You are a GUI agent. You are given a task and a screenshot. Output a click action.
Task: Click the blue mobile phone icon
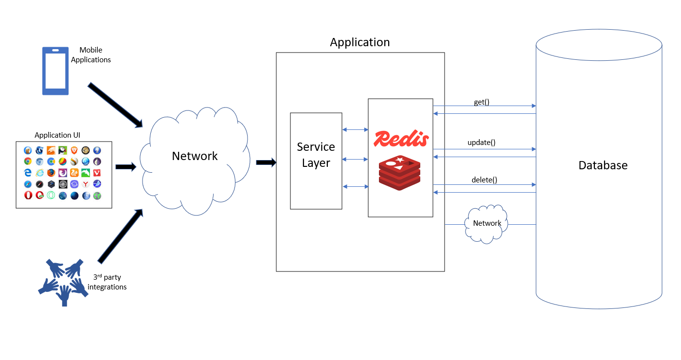pyautogui.click(x=55, y=71)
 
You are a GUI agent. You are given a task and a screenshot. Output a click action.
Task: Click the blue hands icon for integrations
pyautogui.click(x=63, y=282)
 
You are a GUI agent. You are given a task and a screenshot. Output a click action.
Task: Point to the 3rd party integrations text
pyautogui.click(x=107, y=282)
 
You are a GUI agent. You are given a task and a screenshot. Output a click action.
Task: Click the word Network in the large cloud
pyautogui.click(x=195, y=156)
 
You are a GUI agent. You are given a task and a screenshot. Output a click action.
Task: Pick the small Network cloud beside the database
pyautogui.click(x=487, y=224)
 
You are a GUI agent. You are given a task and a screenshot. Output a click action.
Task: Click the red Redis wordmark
pyautogui.click(x=401, y=139)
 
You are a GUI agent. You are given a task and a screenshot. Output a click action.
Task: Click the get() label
pyautogui.click(x=481, y=102)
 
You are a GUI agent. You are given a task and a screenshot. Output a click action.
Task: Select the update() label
pyautogui.click(x=481, y=143)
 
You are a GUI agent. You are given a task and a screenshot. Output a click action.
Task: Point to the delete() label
pyautogui.click(x=484, y=180)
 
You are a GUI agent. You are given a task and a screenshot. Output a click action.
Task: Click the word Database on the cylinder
pyautogui.click(x=603, y=165)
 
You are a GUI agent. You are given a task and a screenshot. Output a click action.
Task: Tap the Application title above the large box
pyautogui.click(x=359, y=42)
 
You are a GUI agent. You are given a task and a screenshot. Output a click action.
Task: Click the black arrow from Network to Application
pyautogui.click(x=266, y=162)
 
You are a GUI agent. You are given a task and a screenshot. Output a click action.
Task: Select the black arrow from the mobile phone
pyautogui.click(x=115, y=105)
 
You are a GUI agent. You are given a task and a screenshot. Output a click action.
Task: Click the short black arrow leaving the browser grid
pyautogui.click(x=126, y=167)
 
